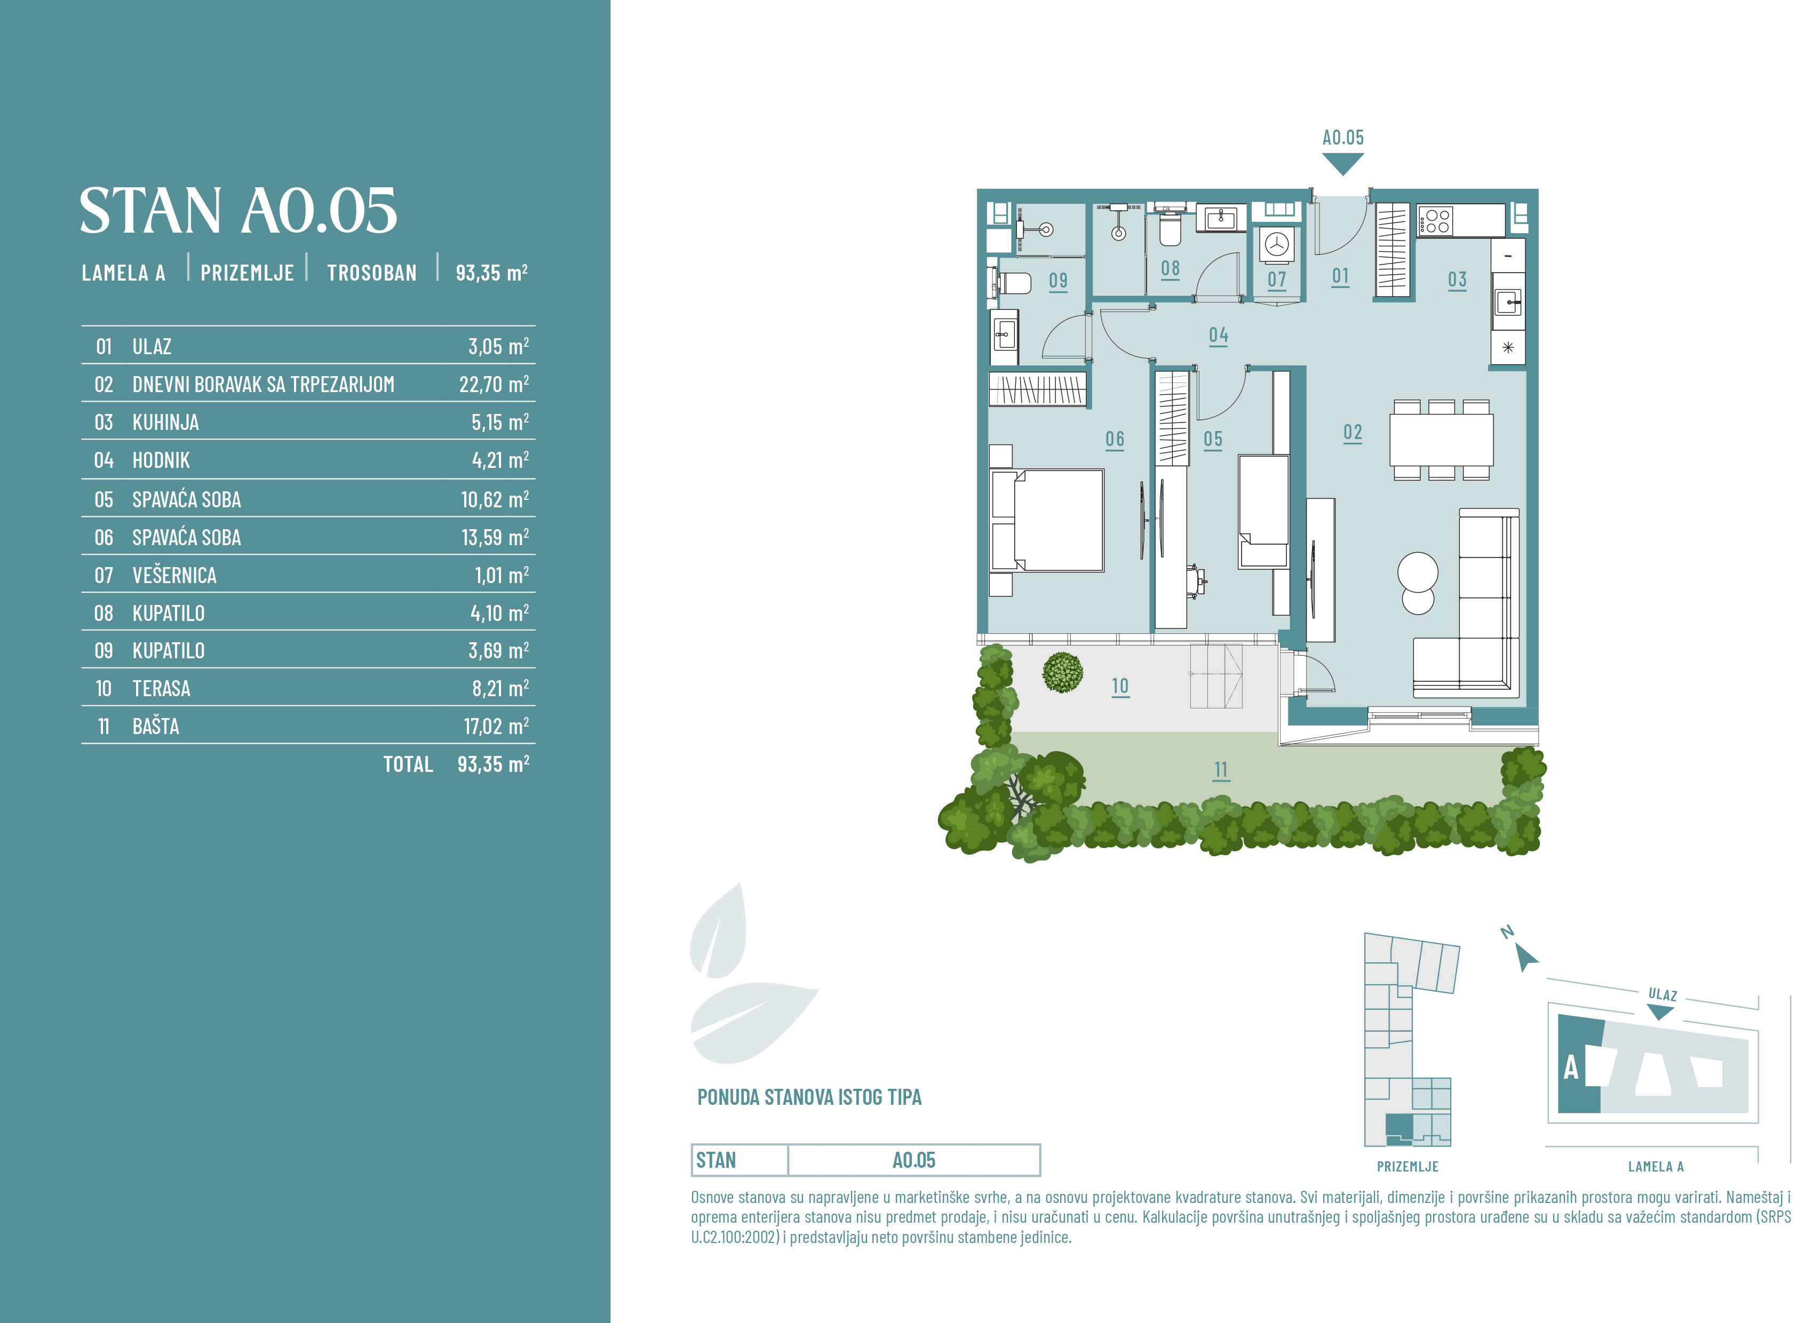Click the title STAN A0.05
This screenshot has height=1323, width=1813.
tap(238, 211)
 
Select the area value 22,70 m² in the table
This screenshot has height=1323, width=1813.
tap(494, 385)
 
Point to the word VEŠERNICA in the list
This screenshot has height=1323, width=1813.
tap(174, 576)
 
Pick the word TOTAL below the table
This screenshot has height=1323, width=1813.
tap(408, 765)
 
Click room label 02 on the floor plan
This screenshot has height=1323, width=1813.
tap(1353, 433)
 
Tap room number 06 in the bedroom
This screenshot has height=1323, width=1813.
tap(1115, 440)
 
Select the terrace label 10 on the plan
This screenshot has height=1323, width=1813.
tap(1120, 687)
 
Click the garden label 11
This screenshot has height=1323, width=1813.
tap(1221, 770)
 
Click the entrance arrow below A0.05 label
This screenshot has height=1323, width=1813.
tap(1343, 164)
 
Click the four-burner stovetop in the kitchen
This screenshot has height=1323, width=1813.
tap(1437, 221)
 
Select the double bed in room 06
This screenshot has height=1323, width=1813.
tap(1047, 521)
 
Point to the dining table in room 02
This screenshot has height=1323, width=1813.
tap(1442, 440)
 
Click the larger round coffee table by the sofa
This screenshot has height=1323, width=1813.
tap(1418, 572)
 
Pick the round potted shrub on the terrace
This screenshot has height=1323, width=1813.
tap(1063, 672)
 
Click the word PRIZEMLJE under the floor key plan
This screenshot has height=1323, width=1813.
tap(1408, 1167)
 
